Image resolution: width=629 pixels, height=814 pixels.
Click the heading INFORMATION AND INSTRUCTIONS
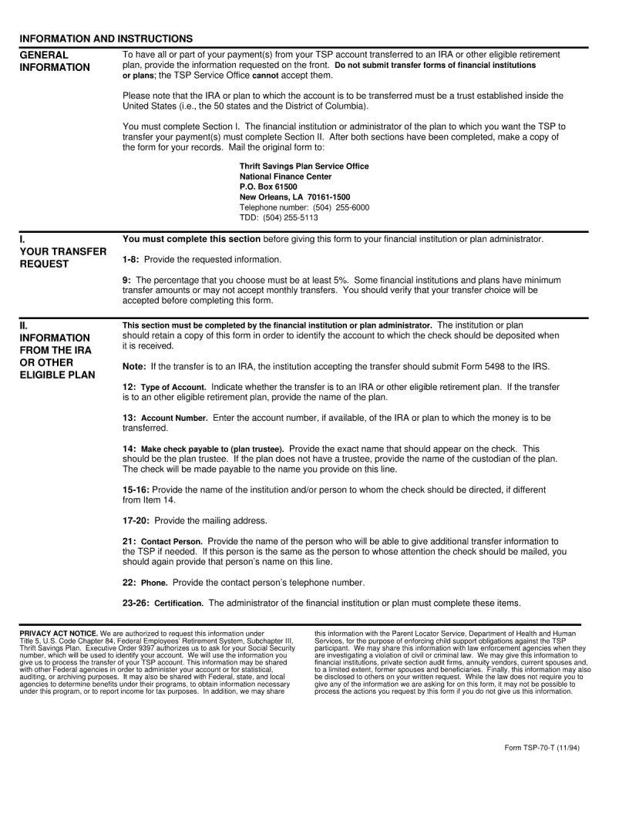(x=106, y=39)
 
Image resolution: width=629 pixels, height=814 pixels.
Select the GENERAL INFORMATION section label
(x=55, y=61)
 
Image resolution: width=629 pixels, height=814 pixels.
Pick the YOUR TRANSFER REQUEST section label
(x=63, y=257)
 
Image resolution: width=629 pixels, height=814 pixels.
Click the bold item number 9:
(x=127, y=280)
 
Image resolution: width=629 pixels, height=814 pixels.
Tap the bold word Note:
(x=135, y=366)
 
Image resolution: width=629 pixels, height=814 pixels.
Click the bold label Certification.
(x=179, y=603)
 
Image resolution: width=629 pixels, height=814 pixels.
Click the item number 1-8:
(x=132, y=259)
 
